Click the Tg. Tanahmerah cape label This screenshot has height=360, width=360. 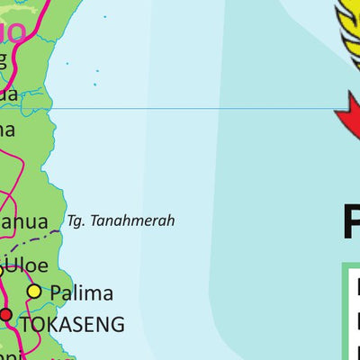[121, 220]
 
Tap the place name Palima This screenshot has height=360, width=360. [81, 292]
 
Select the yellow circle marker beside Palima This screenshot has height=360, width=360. [34, 292]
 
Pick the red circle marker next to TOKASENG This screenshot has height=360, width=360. [6, 315]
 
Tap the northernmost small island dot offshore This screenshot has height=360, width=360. [104, 17]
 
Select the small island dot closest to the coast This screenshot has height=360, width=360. [67, 63]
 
